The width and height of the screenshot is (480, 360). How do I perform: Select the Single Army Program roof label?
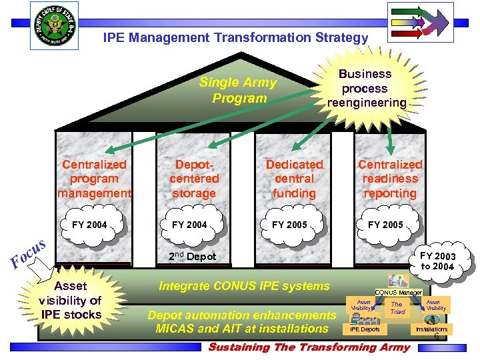pyautogui.click(x=239, y=91)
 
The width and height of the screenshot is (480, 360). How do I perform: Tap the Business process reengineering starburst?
pyautogui.click(x=365, y=88)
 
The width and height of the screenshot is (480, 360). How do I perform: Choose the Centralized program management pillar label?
pyautogui.click(x=94, y=179)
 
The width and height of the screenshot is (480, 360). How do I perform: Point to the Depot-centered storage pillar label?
pyautogui.click(x=194, y=179)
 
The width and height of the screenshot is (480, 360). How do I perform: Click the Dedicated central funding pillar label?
pyautogui.click(x=294, y=179)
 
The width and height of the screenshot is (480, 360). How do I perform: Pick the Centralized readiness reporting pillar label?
pyautogui.click(x=390, y=179)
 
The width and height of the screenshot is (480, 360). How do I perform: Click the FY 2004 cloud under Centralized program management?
pyautogui.click(x=89, y=225)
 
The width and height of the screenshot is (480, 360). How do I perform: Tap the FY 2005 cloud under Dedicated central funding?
pyautogui.click(x=289, y=225)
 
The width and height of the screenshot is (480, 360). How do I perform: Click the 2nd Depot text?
pyautogui.click(x=193, y=257)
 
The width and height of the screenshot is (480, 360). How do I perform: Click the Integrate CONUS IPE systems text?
pyautogui.click(x=244, y=286)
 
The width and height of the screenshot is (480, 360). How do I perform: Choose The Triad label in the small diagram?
pyautogui.click(x=397, y=307)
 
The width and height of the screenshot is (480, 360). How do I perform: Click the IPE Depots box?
pyautogui.click(x=365, y=329)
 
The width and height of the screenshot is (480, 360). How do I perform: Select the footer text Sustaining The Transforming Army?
pyautogui.click(x=309, y=347)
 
